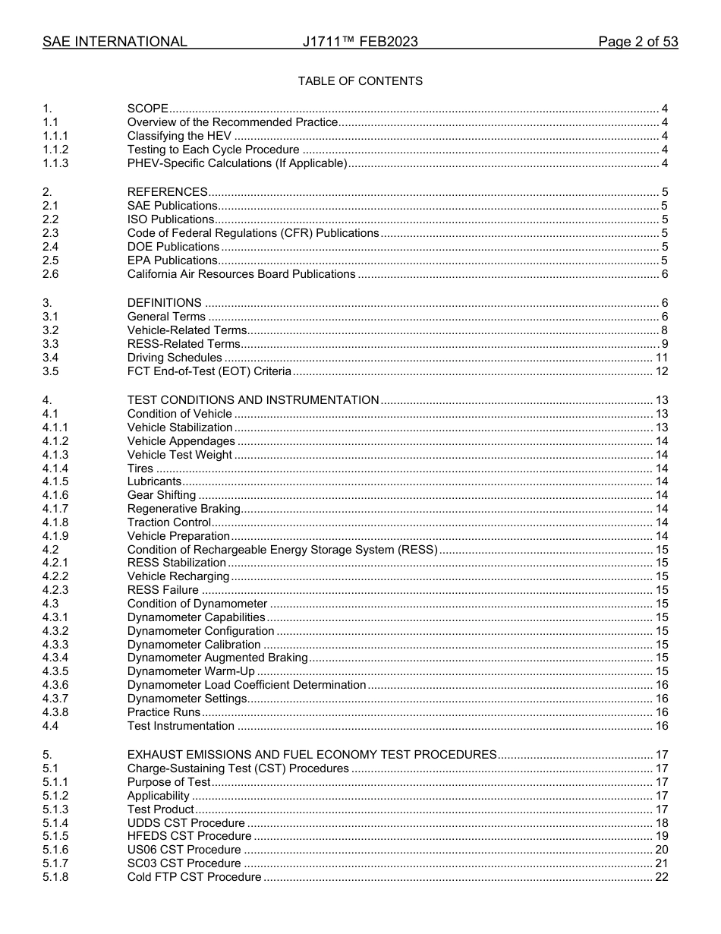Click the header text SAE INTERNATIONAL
point(115,42)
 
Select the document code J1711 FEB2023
point(360,42)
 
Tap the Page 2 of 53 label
point(638,42)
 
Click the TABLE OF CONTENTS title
point(360,81)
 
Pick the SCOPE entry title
point(147,109)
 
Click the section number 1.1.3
point(55,163)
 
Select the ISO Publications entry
point(170,219)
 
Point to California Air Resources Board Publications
point(241,274)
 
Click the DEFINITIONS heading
point(164,302)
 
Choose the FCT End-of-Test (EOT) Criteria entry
point(209,371)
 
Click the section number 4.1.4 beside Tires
point(55,469)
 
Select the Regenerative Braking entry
point(183,509)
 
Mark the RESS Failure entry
point(162,590)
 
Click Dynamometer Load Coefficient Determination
point(246,685)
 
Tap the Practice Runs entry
point(163,712)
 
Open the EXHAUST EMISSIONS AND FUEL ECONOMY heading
point(311,755)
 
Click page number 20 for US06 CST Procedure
point(661,850)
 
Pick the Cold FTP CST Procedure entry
point(194,877)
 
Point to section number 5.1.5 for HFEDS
point(55,836)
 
